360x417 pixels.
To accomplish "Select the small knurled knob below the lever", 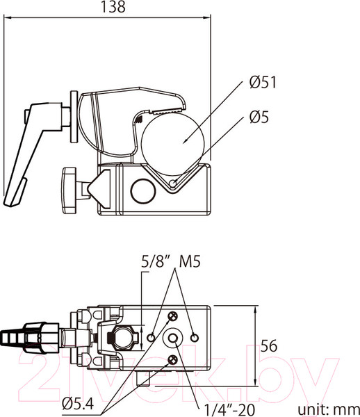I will point(69,189).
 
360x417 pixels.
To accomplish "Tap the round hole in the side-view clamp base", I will point(142,190).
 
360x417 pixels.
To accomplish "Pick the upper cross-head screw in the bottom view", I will point(172,318).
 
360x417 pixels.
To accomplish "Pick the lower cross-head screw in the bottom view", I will point(172,360).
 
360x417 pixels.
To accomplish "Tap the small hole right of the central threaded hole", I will point(195,338).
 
